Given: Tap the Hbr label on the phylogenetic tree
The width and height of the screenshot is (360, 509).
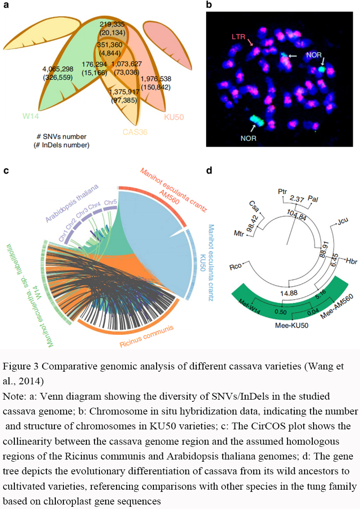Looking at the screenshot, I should (351, 261).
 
